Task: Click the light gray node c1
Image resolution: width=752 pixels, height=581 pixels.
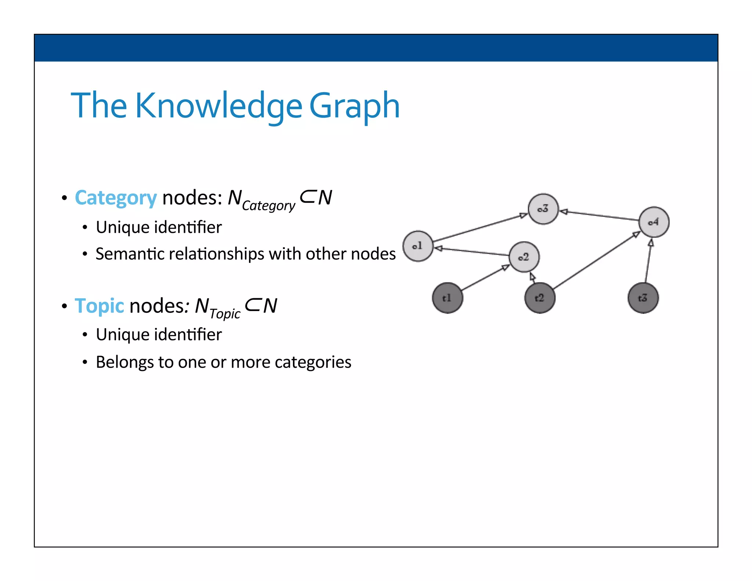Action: click(x=418, y=246)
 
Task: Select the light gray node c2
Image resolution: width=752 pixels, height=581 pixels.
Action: click(x=524, y=257)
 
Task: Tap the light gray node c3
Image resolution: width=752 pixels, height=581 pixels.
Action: click(x=543, y=209)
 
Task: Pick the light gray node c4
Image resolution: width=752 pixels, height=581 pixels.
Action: click(x=654, y=222)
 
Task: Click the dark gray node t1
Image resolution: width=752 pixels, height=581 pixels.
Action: click(x=447, y=298)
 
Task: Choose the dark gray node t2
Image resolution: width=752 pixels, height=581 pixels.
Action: click(x=539, y=298)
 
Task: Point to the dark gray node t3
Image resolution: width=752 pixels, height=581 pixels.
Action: click(x=643, y=298)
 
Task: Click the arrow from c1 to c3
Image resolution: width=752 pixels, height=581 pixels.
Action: click(x=480, y=227)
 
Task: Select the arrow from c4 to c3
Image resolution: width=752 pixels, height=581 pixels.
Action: click(x=600, y=216)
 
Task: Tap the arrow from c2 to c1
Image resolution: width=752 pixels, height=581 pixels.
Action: click(x=472, y=252)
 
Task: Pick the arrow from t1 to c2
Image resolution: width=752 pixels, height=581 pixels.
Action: click(x=485, y=278)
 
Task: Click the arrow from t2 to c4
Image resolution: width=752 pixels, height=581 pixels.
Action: click(x=597, y=260)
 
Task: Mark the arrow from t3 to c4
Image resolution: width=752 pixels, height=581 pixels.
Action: click(x=648, y=261)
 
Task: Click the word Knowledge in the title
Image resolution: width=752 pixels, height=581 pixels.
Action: click(x=219, y=106)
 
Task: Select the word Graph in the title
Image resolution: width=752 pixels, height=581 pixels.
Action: click(x=354, y=106)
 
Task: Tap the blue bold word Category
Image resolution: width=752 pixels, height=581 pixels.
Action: click(x=116, y=198)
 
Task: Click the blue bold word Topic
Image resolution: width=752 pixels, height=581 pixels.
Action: click(x=100, y=306)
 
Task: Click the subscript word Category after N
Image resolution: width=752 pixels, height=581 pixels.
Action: click(x=268, y=206)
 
